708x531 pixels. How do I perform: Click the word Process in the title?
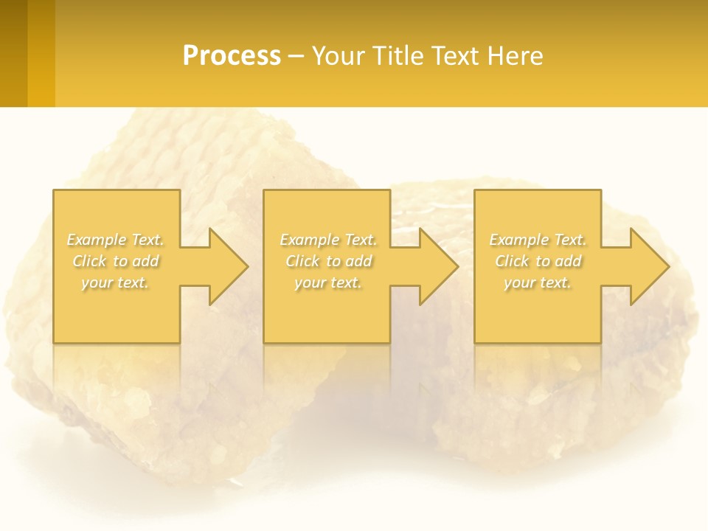click(232, 56)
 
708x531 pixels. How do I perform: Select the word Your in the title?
click(337, 56)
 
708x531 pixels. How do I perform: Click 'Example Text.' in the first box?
click(116, 240)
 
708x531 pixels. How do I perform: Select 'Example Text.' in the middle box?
click(328, 240)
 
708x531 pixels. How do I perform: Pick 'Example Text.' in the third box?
click(538, 240)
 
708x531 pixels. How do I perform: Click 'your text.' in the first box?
click(116, 282)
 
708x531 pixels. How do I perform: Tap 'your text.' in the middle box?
click(328, 282)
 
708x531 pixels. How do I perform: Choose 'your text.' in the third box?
click(538, 282)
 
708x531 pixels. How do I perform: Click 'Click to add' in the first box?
click(116, 261)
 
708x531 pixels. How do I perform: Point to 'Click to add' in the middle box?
click(328, 261)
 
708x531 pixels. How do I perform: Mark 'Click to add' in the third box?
click(538, 261)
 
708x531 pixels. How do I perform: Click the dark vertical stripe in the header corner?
click(13, 53)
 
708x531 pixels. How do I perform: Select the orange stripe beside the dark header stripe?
click(41, 53)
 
